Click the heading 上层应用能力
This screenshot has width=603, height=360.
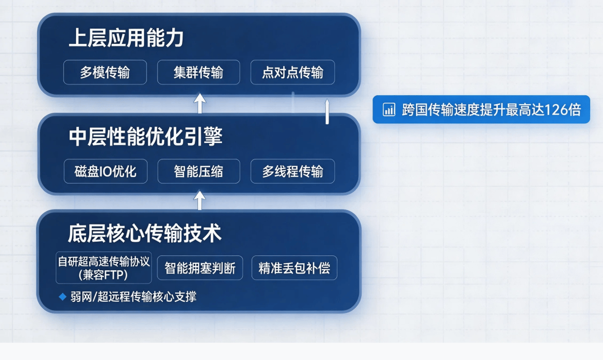(126, 38)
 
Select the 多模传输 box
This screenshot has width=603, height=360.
(105, 72)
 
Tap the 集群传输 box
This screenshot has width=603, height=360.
(199, 72)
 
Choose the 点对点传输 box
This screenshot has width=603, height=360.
(293, 72)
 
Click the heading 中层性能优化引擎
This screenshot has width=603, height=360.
(146, 137)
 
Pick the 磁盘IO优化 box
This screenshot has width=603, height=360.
(106, 171)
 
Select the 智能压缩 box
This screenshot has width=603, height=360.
(199, 171)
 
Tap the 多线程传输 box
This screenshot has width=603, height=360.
(293, 171)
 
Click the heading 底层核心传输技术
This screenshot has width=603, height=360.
(145, 233)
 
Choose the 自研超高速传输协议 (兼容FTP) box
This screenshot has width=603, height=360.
(104, 267)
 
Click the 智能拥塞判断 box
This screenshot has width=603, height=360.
(200, 268)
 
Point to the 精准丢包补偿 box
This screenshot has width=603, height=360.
(294, 268)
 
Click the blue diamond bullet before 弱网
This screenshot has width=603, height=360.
(63, 297)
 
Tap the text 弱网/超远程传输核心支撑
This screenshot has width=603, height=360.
(133, 297)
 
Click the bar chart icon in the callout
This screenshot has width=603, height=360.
(389, 109)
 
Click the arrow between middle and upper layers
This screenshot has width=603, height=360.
(200, 103)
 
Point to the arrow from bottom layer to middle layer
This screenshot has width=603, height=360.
(200, 200)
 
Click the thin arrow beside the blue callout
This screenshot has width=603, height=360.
(327, 111)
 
